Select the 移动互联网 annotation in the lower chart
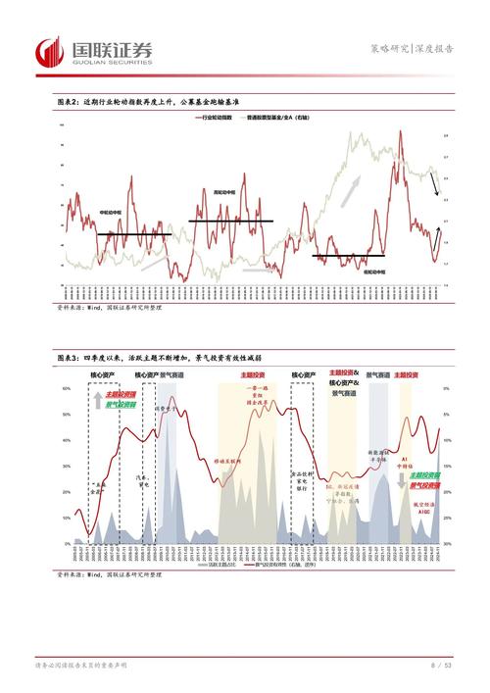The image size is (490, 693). [228, 460]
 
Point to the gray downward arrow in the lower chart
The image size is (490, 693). [401, 478]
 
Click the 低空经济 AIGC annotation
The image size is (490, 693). [424, 505]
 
